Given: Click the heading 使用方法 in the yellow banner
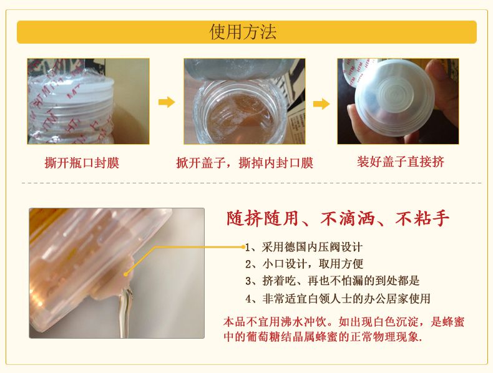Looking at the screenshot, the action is pos(243,32).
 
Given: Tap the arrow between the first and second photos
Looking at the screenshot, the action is pos(167,102).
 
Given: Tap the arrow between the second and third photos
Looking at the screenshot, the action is pos(321,104).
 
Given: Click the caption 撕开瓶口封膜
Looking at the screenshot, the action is pos(82,163).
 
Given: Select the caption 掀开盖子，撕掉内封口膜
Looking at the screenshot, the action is pos(245,163).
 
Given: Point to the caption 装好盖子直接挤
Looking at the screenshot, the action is pos(401,162).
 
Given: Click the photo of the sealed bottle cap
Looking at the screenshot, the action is pos(89,101).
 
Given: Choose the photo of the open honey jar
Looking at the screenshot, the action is pos(244,101).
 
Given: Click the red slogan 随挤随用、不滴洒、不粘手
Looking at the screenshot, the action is pos(338,218).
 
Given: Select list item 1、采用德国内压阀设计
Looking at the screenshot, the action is pos(304,247).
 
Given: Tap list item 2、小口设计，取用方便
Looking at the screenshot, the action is pos(305,264).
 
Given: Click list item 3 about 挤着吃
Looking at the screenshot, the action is pos(333,281).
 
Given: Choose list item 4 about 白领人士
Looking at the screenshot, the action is pos(338,298).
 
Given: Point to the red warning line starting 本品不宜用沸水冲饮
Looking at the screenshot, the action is pos(344,322).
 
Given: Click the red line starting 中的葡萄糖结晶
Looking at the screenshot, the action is pos(323,337).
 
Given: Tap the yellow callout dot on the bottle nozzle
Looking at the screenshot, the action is pos(126,274).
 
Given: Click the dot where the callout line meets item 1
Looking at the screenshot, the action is pos(243,247).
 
